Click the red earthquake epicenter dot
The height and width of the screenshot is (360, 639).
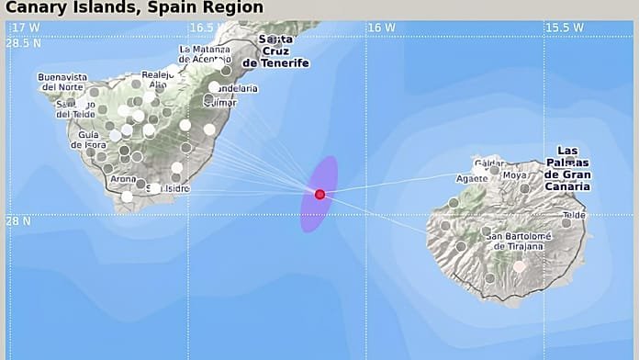(x=319, y=194)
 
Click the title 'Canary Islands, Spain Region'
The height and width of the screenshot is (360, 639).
(x=134, y=8)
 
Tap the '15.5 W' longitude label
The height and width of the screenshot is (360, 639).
(x=564, y=28)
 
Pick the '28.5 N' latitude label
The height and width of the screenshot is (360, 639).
(x=25, y=43)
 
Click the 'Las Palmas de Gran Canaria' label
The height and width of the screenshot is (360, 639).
(x=567, y=168)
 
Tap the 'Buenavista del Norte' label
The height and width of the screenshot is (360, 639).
(x=63, y=83)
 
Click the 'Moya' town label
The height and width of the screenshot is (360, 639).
(x=515, y=174)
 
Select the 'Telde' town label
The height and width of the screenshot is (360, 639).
(x=573, y=216)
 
